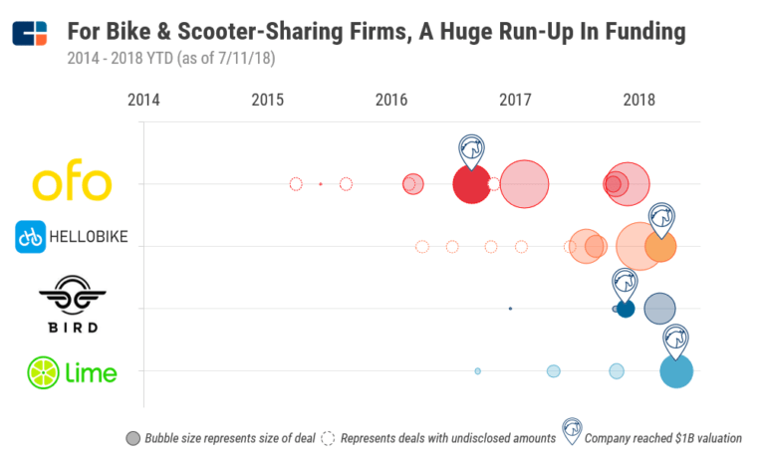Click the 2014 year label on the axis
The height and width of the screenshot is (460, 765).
point(143,100)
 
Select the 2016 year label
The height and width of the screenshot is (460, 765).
point(391,100)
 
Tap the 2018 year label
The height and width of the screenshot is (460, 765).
point(638,100)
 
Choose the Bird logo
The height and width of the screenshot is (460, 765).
point(72,306)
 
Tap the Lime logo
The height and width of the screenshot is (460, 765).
point(72,372)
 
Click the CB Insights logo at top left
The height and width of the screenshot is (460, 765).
point(30,33)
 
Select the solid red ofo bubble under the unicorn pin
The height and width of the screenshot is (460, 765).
point(471,184)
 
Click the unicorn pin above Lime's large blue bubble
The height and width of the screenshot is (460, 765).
point(676,339)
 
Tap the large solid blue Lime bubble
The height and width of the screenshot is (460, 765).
point(676,371)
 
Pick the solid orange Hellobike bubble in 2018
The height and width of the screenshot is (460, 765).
point(659,245)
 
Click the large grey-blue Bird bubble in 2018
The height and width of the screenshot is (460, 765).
point(658,309)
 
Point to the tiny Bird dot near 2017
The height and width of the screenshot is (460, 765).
point(510,309)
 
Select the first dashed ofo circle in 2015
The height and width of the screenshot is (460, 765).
point(295,184)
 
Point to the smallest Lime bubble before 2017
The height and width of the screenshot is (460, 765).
point(478,371)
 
